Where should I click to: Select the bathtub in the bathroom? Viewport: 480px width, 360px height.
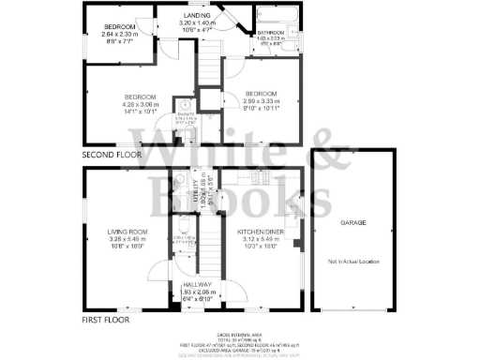pyautogui.click(x=278, y=18)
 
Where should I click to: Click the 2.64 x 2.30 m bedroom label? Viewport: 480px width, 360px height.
pyautogui.click(x=120, y=26)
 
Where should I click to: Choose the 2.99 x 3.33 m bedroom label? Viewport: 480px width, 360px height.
pyautogui.click(x=262, y=95)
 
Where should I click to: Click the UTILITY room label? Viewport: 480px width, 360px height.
pyautogui.click(x=195, y=192)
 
